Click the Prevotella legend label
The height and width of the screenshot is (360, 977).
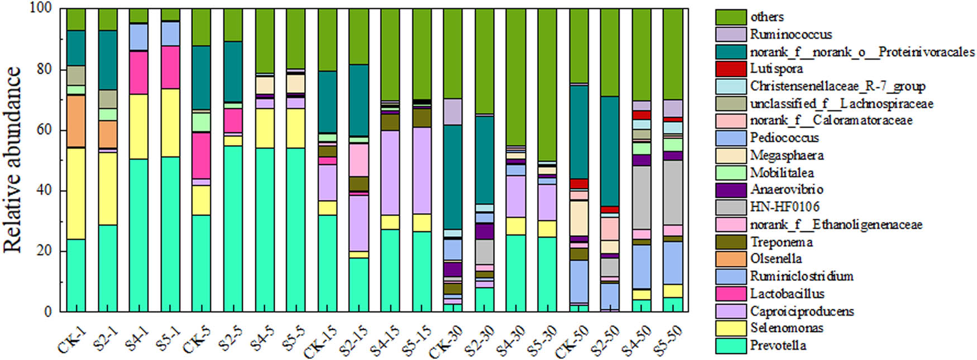click(x=778, y=345)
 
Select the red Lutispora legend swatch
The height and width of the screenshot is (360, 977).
click(x=731, y=69)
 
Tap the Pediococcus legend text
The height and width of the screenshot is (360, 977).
click(x=784, y=138)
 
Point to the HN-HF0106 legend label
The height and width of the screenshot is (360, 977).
click(x=784, y=207)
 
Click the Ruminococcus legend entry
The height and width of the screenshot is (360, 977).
click(x=791, y=35)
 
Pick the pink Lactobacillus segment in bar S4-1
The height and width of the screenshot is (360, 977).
click(x=138, y=73)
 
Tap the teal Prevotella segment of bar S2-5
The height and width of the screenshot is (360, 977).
click(x=233, y=229)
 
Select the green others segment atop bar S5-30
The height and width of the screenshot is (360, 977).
click(x=548, y=84)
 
